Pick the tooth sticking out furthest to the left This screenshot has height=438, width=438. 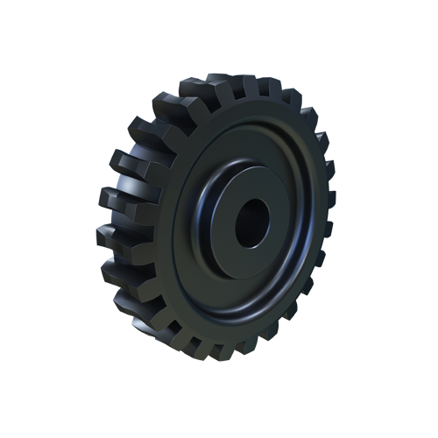pyautogui.click(x=112, y=200)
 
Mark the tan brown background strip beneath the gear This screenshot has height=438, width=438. pyautogui.click(x=219, y=357)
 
